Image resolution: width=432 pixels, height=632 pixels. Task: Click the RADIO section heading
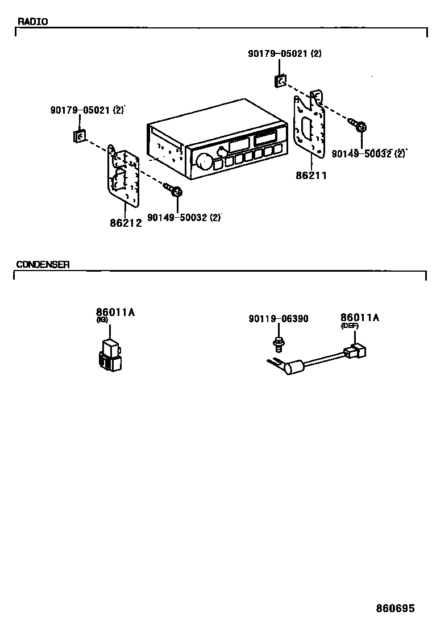click(x=33, y=22)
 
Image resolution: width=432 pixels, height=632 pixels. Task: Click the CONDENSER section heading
click(x=43, y=264)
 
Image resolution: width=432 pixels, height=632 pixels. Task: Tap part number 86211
click(x=311, y=176)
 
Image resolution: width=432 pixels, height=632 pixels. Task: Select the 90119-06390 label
click(x=279, y=319)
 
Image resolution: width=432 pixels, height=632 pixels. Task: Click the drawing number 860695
click(x=395, y=608)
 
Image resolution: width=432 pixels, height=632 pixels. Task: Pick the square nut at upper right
click(x=280, y=81)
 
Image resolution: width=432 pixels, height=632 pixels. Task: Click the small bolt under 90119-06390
click(x=278, y=343)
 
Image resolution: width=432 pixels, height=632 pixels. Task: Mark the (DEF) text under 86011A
click(x=350, y=326)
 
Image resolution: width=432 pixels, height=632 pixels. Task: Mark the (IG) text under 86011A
click(x=102, y=320)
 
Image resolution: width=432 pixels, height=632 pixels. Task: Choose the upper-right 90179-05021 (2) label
click(x=284, y=53)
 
